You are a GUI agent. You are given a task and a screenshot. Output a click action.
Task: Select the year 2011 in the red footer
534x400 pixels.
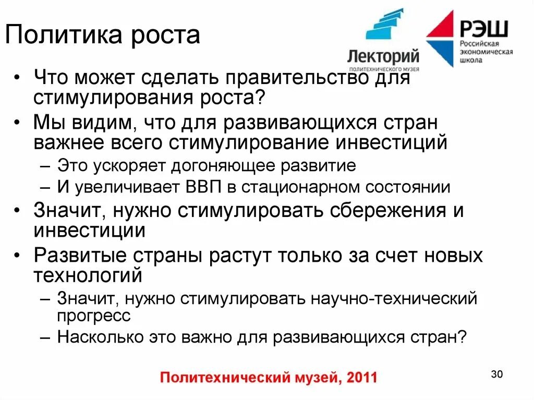click(x=359, y=377)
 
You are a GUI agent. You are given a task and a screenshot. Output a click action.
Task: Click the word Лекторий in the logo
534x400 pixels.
click(x=383, y=56)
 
